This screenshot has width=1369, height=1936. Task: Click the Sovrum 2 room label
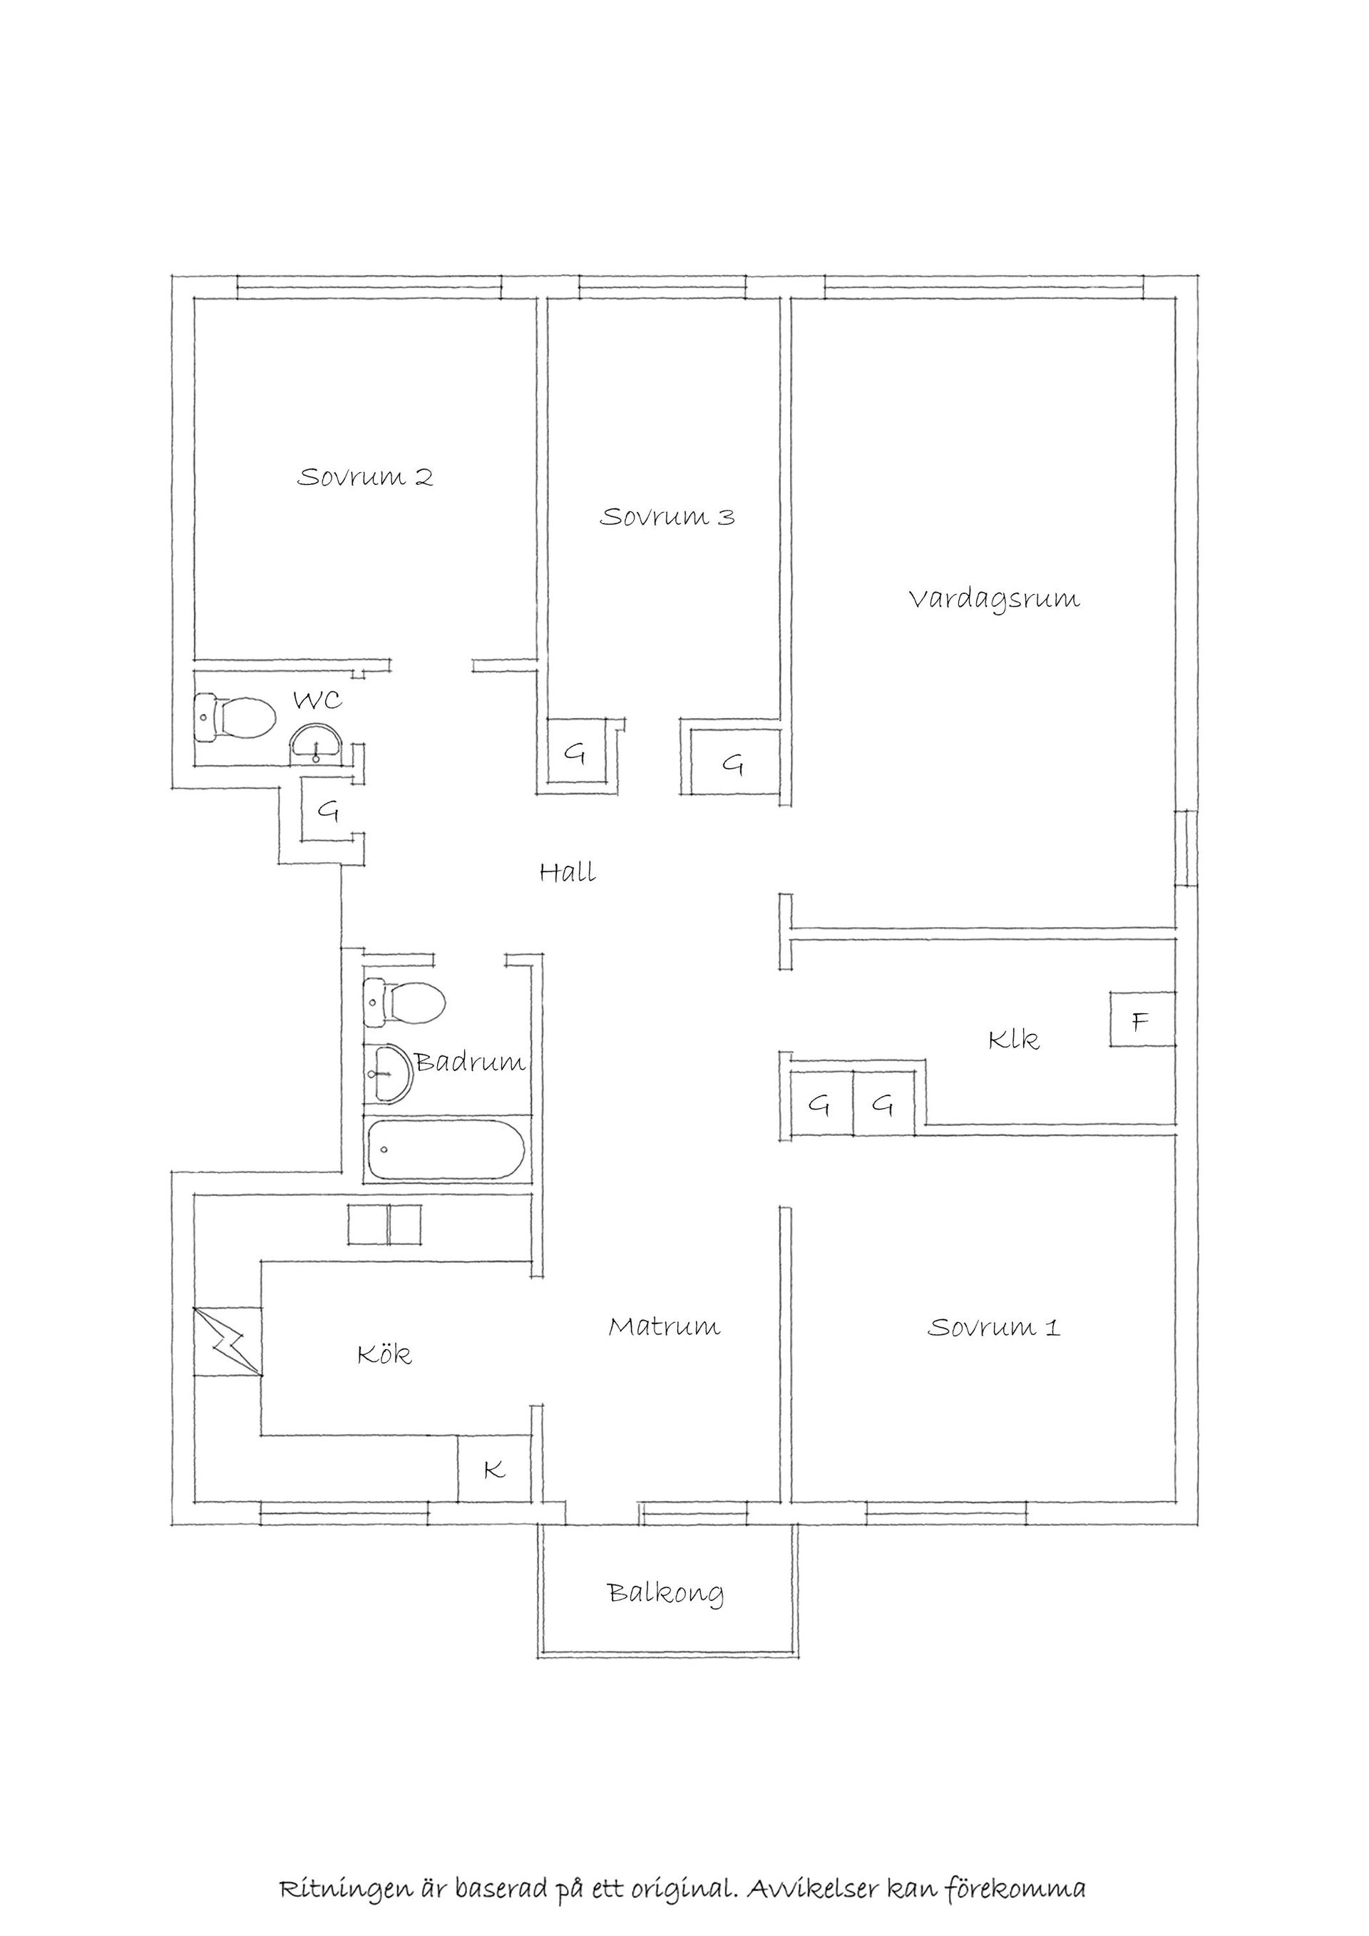point(365,477)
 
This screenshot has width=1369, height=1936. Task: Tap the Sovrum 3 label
point(667,516)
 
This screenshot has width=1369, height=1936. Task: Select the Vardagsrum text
point(994,600)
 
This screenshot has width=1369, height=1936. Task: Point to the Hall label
point(568,871)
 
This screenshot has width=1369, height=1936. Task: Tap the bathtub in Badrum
point(446,1149)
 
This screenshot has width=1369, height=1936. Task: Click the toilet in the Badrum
point(404,1002)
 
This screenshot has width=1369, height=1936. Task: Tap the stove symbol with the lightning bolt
point(227,1341)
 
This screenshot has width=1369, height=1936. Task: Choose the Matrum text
point(665,1326)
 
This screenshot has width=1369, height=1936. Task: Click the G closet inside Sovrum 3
point(578,752)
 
